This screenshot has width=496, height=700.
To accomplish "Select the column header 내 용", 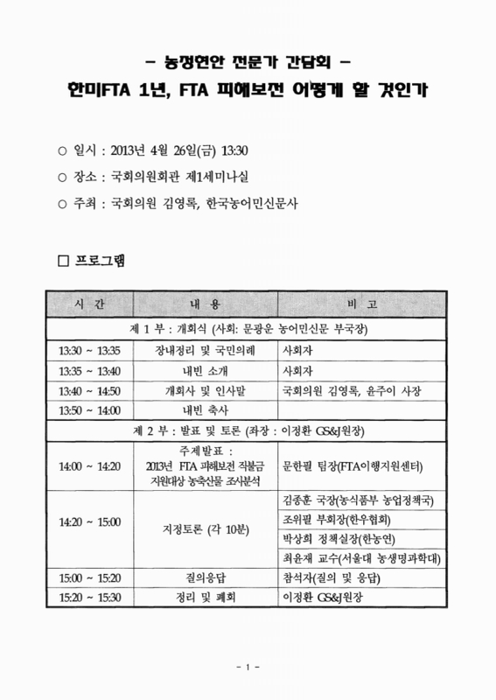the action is pyautogui.click(x=200, y=303).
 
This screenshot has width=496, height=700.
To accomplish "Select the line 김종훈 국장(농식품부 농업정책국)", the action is pyautogui.click(x=360, y=500).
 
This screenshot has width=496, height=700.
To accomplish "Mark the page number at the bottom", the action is pyautogui.click(x=248, y=669).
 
